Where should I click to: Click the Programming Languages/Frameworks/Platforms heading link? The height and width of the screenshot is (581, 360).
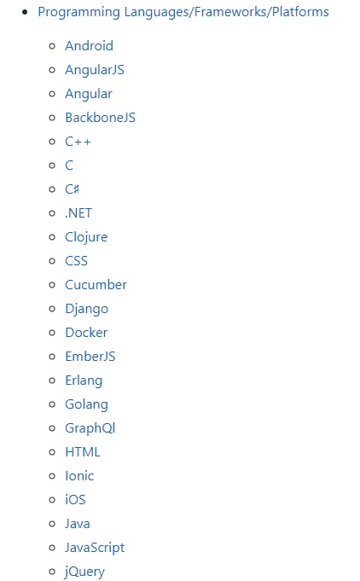[183, 12]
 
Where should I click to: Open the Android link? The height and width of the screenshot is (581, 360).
[90, 46]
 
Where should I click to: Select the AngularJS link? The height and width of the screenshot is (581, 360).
[95, 70]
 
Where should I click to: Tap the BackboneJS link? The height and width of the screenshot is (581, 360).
[101, 118]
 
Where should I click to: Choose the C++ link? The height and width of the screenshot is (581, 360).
[78, 142]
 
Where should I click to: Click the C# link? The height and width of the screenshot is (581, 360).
[73, 189]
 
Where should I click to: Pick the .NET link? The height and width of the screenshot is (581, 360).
[78, 213]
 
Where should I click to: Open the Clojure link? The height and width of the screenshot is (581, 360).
[86, 237]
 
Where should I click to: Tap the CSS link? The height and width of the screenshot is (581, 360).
[76, 261]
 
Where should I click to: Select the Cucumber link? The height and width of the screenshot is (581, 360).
[96, 285]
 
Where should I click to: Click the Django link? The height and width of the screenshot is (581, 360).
[87, 309]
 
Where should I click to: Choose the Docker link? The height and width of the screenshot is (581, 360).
[86, 333]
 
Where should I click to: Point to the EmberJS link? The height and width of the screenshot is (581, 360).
[90, 357]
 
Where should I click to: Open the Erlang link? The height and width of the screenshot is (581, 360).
[84, 381]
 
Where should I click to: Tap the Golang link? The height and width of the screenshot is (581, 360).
[87, 404]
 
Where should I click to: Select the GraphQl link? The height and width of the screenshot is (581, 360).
[90, 428]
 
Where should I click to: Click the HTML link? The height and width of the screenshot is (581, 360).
[83, 452]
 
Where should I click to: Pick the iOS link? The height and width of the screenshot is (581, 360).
[75, 500]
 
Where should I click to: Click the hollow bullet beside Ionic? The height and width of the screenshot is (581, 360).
[52, 476]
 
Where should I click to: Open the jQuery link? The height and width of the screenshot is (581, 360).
[84, 572]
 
